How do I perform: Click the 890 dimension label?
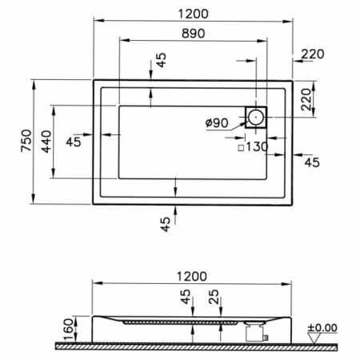pyautogui.click(x=194, y=34)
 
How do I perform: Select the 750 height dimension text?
pyautogui.click(x=26, y=141)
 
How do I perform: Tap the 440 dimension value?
pyautogui.click(x=46, y=142)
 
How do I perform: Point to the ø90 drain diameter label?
pyautogui.click(x=217, y=122)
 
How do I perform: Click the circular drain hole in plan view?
pyautogui.click(x=256, y=117)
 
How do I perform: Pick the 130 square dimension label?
pyautogui.click(x=257, y=146)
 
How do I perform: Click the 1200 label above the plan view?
pyautogui.click(x=193, y=14)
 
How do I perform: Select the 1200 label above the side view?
pyautogui.click(x=192, y=277)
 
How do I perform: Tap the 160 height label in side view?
pyautogui.click(x=69, y=329)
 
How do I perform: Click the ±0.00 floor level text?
pyautogui.click(x=322, y=328)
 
